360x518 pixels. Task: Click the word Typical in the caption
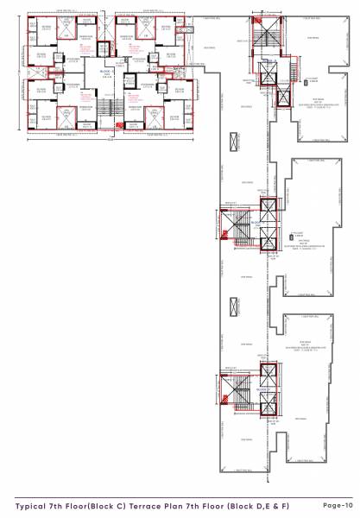click(32, 504)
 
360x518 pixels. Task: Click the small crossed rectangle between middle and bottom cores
click(233, 307)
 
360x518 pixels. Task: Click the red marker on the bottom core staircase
click(226, 400)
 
